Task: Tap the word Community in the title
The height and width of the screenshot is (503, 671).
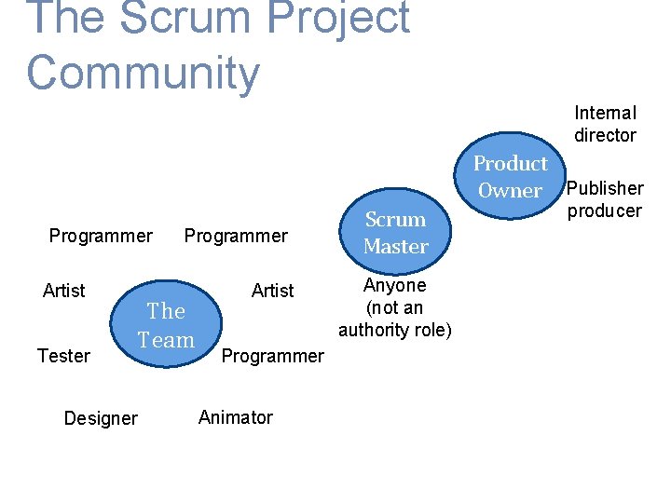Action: [x=143, y=73]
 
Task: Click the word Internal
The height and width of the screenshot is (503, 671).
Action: [x=605, y=113]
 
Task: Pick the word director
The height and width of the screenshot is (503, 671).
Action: [x=605, y=135]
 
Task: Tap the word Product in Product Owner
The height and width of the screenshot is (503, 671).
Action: [x=510, y=164]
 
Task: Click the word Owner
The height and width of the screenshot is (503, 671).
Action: [x=510, y=191]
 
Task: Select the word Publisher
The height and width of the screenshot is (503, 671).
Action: [x=606, y=188]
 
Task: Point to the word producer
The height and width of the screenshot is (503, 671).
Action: [x=605, y=211]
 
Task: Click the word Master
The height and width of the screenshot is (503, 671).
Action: [x=395, y=247]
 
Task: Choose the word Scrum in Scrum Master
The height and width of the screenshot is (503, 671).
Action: [x=395, y=220]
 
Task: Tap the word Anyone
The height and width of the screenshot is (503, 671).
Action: [x=395, y=286]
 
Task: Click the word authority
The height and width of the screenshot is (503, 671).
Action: [x=373, y=330]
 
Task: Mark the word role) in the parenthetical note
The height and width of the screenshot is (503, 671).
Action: [x=432, y=330]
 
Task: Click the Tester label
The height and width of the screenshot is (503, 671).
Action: [x=63, y=356]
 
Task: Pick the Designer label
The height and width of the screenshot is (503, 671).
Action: [x=101, y=418]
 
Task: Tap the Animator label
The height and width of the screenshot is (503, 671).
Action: [x=236, y=417]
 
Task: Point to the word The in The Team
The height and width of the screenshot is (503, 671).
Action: [x=166, y=311]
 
